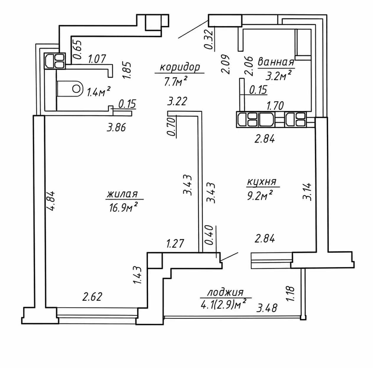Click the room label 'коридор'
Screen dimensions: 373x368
(180, 67)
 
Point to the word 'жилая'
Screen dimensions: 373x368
(122, 194)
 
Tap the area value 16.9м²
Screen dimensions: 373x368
(123, 208)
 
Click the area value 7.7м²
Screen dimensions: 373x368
(175, 81)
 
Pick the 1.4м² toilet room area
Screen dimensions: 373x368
(99, 92)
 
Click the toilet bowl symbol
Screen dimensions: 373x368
(70, 89)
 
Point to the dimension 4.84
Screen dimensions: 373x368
(51, 201)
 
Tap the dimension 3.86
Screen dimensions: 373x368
(117, 128)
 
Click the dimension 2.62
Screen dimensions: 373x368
(92, 297)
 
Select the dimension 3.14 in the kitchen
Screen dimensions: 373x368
(307, 192)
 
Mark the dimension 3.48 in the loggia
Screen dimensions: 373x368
(267, 308)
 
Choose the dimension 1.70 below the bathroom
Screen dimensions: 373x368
(275, 106)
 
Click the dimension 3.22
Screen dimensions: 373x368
(177, 101)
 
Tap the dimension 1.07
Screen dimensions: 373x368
(97, 59)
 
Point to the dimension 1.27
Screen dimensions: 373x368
(175, 244)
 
